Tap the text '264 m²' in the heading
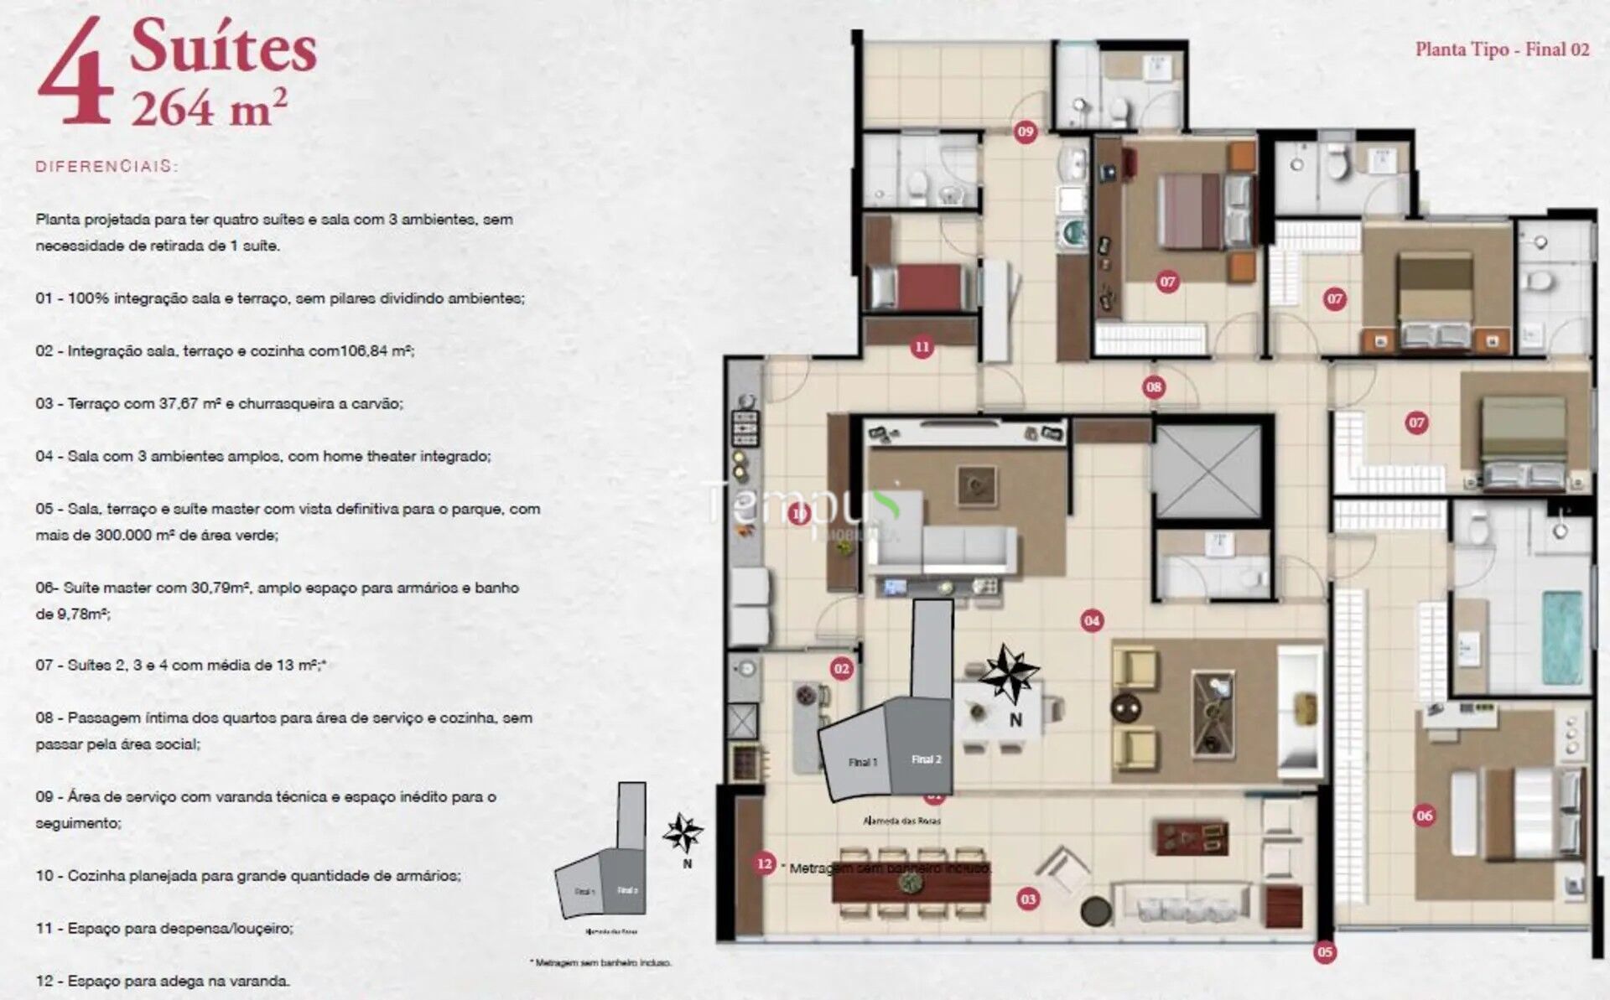coord(210,107)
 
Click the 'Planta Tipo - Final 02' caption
coord(1502,49)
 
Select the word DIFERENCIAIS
coord(106,166)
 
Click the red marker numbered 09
coord(1025,132)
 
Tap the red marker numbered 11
coord(922,346)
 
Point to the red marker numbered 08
coord(1154,386)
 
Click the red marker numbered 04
coord(1091,620)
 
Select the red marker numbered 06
coord(1424,815)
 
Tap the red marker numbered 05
coord(1324,951)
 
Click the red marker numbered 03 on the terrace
coord(1027,899)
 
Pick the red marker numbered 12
coord(764,863)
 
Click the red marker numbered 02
coord(841,668)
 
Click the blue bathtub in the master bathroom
coord(1562,636)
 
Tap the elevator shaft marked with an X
coord(1207,471)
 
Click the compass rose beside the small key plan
coord(683,833)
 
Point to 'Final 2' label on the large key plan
coord(926,759)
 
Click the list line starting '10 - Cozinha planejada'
coord(247,875)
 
